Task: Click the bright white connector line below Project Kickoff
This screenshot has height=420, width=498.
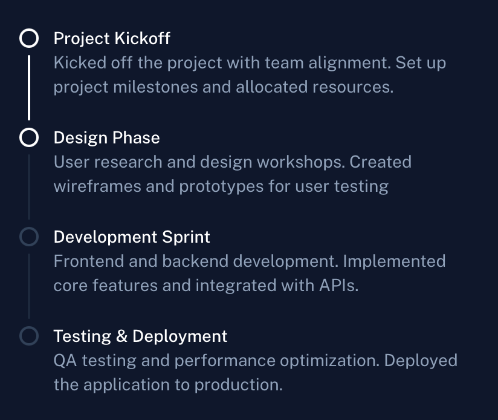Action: [x=29, y=88]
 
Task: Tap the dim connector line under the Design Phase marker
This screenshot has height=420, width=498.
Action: [x=29, y=187]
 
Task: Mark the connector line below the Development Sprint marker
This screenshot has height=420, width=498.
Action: [x=29, y=286]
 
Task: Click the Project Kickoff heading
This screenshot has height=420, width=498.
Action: [x=112, y=39]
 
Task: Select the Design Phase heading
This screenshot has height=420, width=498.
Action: [x=107, y=138]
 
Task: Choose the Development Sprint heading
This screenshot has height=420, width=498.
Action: [x=132, y=237]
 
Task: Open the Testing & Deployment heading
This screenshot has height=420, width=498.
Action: [x=140, y=336]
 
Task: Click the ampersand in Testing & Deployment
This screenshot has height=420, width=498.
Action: [x=122, y=336]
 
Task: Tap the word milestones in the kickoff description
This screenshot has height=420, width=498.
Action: [x=156, y=87]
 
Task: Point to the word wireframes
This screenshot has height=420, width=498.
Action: [x=97, y=186]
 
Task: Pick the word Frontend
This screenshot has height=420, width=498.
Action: [x=89, y=261]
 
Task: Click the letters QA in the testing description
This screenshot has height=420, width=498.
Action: [x=65, y=361]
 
